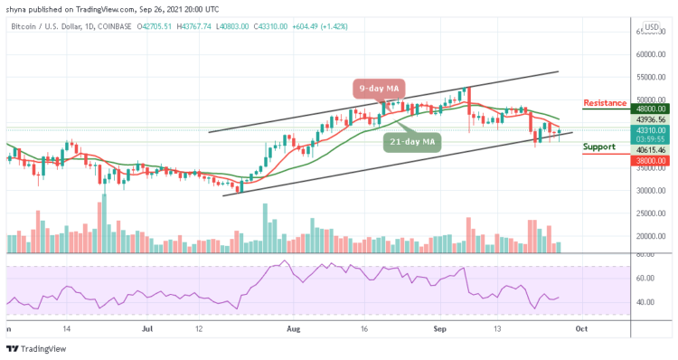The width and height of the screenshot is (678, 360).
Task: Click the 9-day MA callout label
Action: coord(379,88)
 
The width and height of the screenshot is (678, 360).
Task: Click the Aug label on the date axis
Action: coord(291,330)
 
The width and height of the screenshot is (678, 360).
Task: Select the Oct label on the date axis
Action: coord(581,330)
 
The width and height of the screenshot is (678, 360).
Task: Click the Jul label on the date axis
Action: coord(148,330)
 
